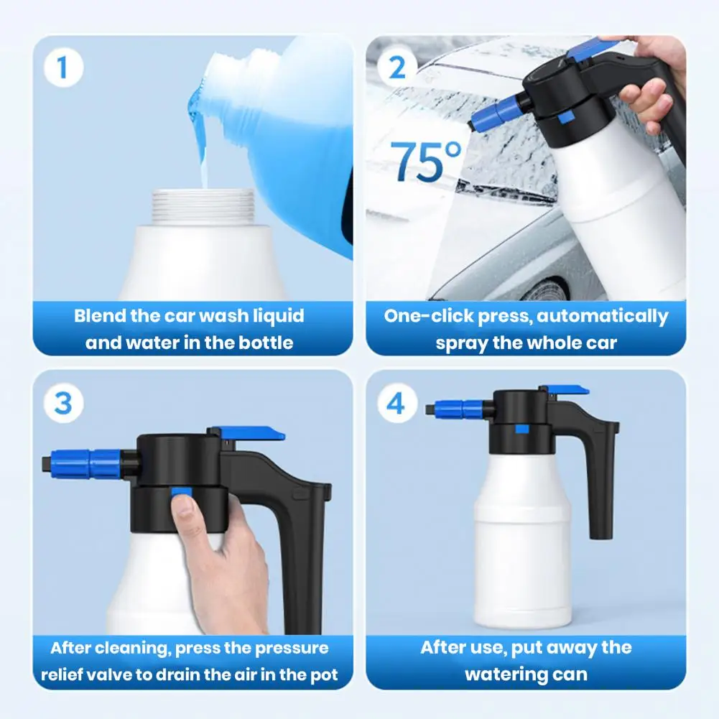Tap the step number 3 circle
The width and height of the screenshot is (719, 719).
point(62,403)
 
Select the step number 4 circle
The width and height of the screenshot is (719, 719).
point(396,403)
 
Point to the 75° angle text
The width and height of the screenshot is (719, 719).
point(427,162)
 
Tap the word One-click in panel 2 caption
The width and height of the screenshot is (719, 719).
point(420,316)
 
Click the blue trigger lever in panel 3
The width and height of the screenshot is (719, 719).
point(251,434)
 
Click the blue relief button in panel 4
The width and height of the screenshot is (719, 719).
point(522,430)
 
